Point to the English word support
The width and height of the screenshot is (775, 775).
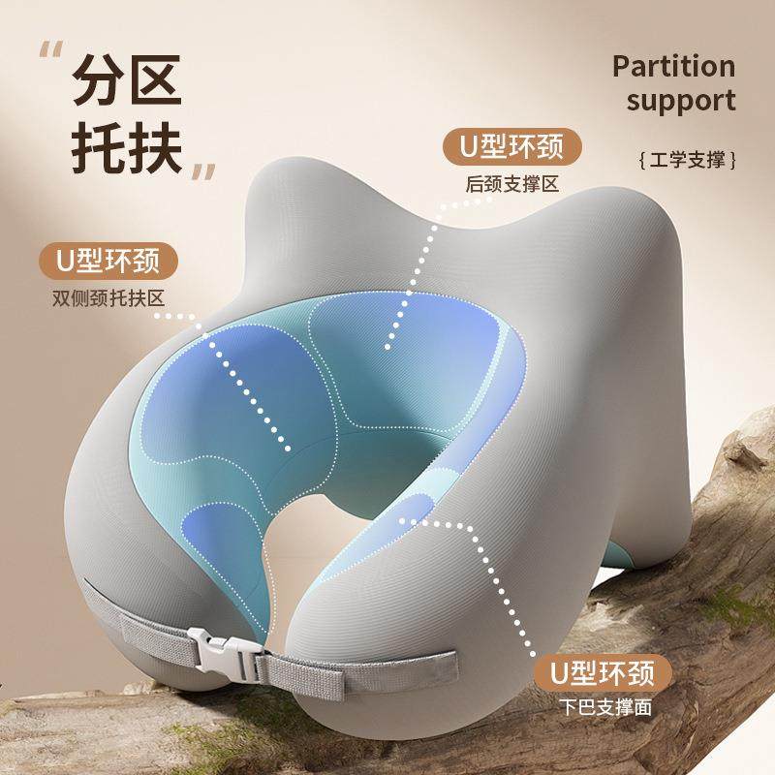point(682,101)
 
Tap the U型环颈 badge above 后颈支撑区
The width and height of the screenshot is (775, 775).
point(512,148)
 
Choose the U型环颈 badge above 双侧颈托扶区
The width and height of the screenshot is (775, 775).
point(109,261)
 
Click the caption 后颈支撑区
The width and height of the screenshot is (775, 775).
point(512,183)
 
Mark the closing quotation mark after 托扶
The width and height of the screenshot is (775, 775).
point(203,171)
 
